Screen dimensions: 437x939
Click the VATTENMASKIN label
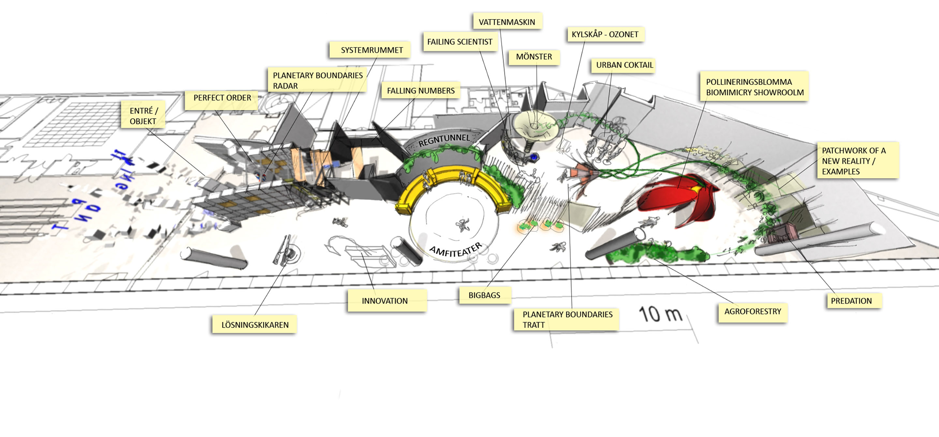coord(507,22)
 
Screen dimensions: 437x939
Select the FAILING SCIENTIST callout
coord(460,42)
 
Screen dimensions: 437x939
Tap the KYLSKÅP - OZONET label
coord(605,34)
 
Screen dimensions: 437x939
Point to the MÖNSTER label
coord(534,57)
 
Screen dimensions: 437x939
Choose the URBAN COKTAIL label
coord(624,65)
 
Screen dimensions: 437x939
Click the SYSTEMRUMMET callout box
coord(371,50)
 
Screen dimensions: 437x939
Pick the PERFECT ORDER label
coord(222,98)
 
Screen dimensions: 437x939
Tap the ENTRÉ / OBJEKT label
coord(143,116)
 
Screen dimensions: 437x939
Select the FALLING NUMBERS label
coord(421,91)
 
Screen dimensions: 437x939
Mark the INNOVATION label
coord(385,301)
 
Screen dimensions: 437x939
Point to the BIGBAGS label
coord(484,295)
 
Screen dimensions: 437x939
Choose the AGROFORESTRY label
coord(753,312)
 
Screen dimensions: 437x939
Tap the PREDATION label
coord(851,301)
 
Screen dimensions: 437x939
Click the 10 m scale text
coord(660,314)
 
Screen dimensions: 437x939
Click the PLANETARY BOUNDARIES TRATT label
coord(567,320)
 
